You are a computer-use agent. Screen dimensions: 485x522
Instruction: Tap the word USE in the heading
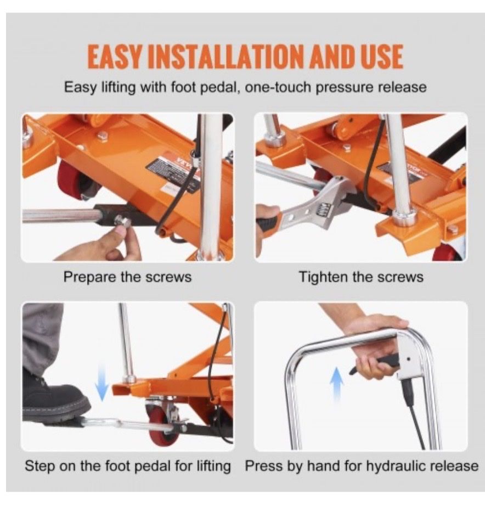(x=380, y=56)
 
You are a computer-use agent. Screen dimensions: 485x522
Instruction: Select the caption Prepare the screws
(x=127, y=277)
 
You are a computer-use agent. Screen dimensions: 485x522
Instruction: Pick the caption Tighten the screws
(x=361, y=277)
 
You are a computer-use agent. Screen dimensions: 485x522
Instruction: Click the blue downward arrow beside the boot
(x=102, y=383)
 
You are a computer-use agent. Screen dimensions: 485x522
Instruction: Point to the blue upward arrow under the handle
(x=337, y=385)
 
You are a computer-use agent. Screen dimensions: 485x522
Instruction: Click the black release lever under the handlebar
(x=374, y=363)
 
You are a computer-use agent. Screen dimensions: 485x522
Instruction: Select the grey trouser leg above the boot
(x=42, y=336)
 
